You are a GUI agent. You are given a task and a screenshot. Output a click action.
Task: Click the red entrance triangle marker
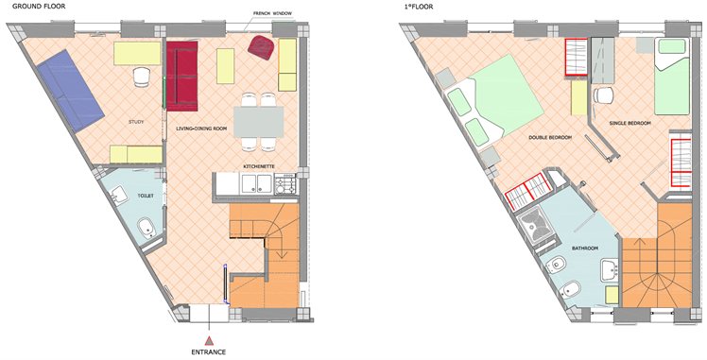[209, 340]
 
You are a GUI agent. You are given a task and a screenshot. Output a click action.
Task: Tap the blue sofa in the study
[71, 90]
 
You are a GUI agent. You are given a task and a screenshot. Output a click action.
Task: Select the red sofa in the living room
[182, 76]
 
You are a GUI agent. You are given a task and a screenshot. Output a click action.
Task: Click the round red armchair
[262, 47]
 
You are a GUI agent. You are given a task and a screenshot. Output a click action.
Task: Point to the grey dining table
[259, 122]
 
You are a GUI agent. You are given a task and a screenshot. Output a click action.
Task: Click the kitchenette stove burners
[285, 184]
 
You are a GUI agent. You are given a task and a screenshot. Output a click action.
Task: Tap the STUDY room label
[136, 122]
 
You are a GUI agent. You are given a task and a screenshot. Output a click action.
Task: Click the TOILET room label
[147, 196]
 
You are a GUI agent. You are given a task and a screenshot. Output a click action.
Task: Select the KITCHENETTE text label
[259, 166]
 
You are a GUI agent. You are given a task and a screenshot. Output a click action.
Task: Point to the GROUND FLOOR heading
[39, 7]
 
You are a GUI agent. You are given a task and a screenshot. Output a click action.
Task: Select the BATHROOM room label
[585, 249]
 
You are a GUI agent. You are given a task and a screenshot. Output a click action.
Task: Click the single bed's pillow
[672, 46]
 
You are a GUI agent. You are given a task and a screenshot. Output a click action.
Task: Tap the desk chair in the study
[142, 77]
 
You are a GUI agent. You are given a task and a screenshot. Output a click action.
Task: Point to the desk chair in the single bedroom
[603, 95]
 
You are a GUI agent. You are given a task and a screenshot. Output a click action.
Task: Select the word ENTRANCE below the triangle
[209, 351]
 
